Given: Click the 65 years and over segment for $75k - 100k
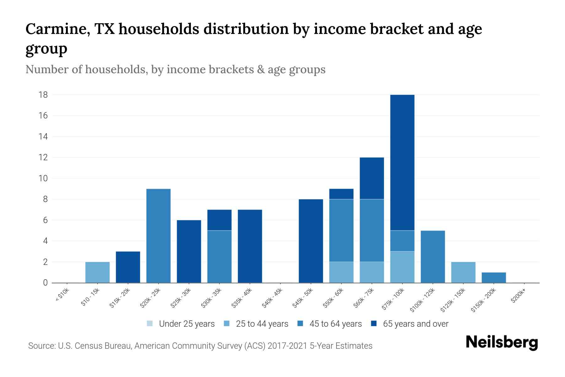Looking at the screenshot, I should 402,162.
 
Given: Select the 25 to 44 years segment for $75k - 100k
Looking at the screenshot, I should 402,267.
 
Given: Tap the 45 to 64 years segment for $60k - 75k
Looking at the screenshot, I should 372,230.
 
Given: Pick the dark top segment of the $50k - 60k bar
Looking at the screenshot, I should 341,194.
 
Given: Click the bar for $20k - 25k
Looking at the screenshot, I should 159,236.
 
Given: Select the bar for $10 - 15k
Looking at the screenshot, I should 97,272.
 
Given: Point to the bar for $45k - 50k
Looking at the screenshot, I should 311,241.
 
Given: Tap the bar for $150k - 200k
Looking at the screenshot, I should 494,278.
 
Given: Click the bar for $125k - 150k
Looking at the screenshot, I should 463,272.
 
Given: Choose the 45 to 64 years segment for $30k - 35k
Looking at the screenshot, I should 219,257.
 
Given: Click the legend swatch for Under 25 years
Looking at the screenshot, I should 150,324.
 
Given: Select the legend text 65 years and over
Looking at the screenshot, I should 416,324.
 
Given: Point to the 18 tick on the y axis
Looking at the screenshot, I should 43,95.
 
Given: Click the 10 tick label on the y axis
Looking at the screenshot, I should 43,178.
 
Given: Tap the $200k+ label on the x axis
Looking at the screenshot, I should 518,297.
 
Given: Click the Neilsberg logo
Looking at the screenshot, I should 502,343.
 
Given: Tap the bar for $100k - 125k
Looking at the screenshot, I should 433,257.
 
